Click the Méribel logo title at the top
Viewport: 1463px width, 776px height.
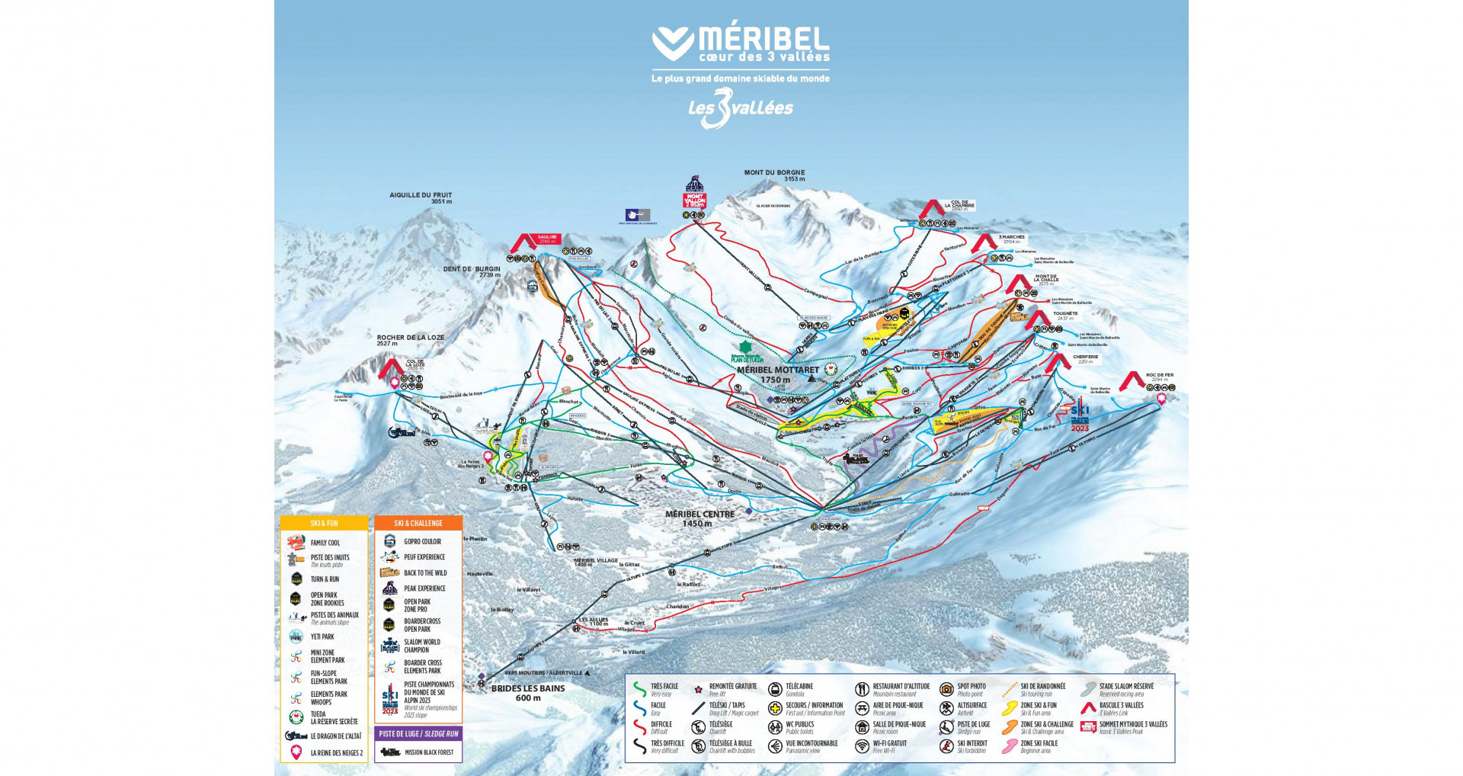(x=740, y=44)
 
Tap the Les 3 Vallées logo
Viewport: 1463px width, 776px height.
(x=740, y=108)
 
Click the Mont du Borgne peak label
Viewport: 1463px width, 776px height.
(x=774, y=175)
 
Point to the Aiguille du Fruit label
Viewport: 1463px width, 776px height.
(x=421, y=198)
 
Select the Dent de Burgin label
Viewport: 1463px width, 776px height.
(x=472, y=271)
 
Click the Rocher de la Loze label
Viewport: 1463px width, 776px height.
(x=410, y=340)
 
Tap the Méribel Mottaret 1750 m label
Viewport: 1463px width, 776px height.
(x=777, y=374)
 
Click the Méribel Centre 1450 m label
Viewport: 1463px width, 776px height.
(x=699, y=518)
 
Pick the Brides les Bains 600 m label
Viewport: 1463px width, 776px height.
(x=528, y=692)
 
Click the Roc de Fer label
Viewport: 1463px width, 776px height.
(x=1159, y=377)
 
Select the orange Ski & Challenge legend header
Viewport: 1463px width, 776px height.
(x=418, y=523)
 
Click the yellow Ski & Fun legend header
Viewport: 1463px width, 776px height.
(x=324, y=523)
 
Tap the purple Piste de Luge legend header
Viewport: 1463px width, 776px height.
(x=419, y=733)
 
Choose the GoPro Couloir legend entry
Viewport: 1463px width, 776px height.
(x=421, y=541)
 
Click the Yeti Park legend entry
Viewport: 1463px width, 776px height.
(x=322, y=637)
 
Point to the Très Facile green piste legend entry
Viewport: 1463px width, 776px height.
(x=664, y=688)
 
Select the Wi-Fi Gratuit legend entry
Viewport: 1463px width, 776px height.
(x=889, y=746)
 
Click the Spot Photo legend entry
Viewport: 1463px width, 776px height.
(x=971, y=688)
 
